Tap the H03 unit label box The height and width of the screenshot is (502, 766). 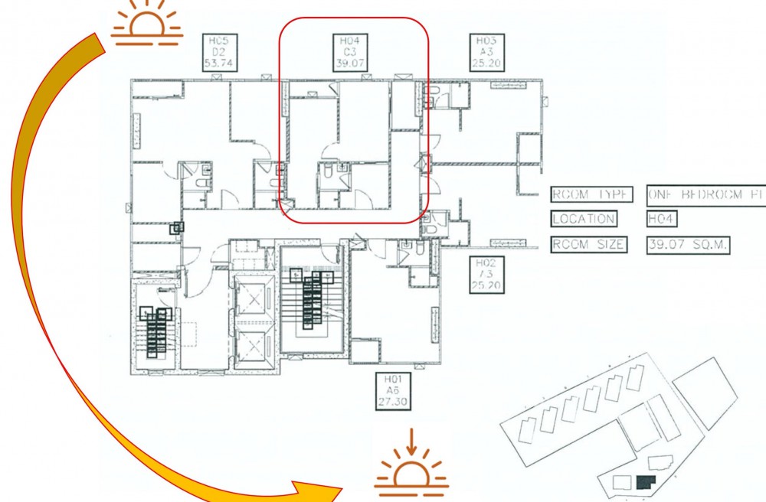point(485,52)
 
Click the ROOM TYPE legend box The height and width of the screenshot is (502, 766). point(592,194)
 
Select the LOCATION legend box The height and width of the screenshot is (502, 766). point(584,220)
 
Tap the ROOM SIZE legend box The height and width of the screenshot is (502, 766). point(589,246)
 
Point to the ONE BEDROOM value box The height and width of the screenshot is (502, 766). point(705,194)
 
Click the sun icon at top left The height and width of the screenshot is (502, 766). point(147,22)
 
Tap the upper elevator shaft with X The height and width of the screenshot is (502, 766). point(252,301)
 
